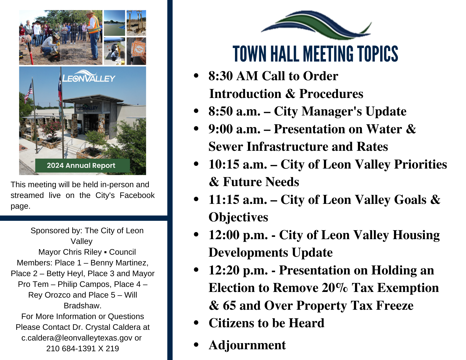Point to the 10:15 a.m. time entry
coord(238,164)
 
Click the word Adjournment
coord(247,345)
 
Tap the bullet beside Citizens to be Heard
coord(196,323)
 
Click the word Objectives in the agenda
coord(238,217)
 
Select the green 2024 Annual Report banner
coord(82,165)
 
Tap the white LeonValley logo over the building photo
coord(88,77)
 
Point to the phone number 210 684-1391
coord(71,349)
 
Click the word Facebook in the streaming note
coord(137,195)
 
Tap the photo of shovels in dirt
coord(136,23)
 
